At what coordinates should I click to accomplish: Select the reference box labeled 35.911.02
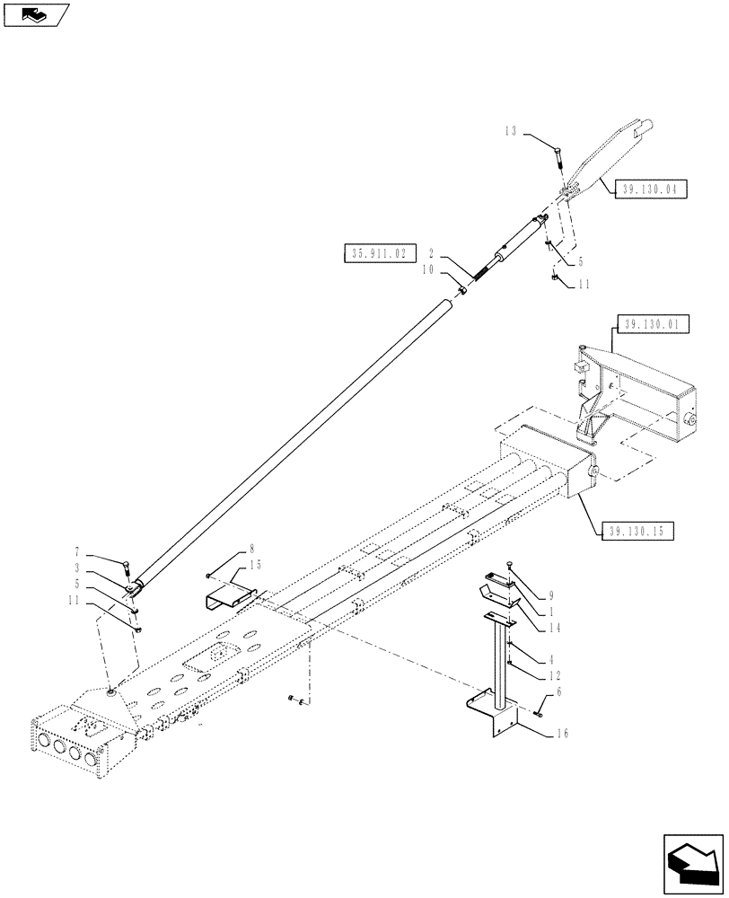click(x=375, y=254)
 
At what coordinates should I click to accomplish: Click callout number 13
click(x=510, y=130)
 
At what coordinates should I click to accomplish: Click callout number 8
click(x=251, y=547)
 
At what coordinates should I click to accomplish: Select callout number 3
click(x=104, y=568)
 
